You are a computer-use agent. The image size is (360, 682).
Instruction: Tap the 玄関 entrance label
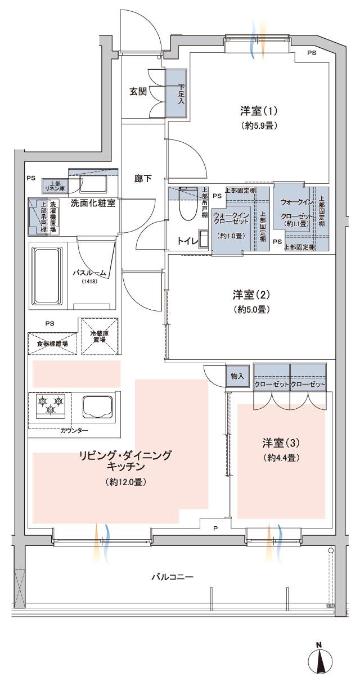click(x=138, y=91)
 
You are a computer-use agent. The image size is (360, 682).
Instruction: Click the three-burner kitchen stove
click(x=50, y=405)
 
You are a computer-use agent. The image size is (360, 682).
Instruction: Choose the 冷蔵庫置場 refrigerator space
click(x=101, y=336)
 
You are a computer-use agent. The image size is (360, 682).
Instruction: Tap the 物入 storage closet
click(x=237, y=376)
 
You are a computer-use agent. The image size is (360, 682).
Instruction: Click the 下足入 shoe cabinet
click(x=177, y=93)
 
